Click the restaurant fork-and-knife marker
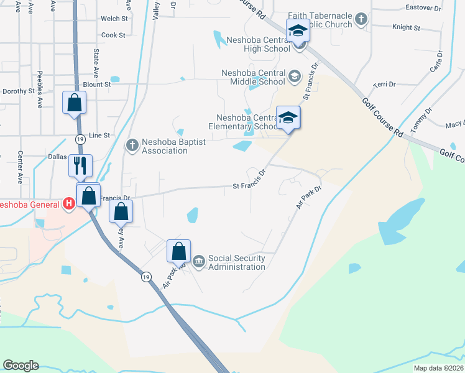click(x=80, y=165)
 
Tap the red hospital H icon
click(x=70, y=203)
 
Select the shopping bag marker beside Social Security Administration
click(x=178, y=251)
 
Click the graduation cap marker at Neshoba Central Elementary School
click(x=288, y=117)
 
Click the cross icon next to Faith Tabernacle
click(x=361, y=20)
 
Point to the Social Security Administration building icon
click(x=199, y=262)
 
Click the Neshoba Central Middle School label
click(x=254, y=77)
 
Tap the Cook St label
click(x=113, y=35)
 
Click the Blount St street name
click(x=96, y=84)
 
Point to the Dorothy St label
click(x=19, y=91)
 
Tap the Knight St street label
click(x=407, y=28)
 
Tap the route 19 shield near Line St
click(x=80, y=138)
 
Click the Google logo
click(x=21, y=365)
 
